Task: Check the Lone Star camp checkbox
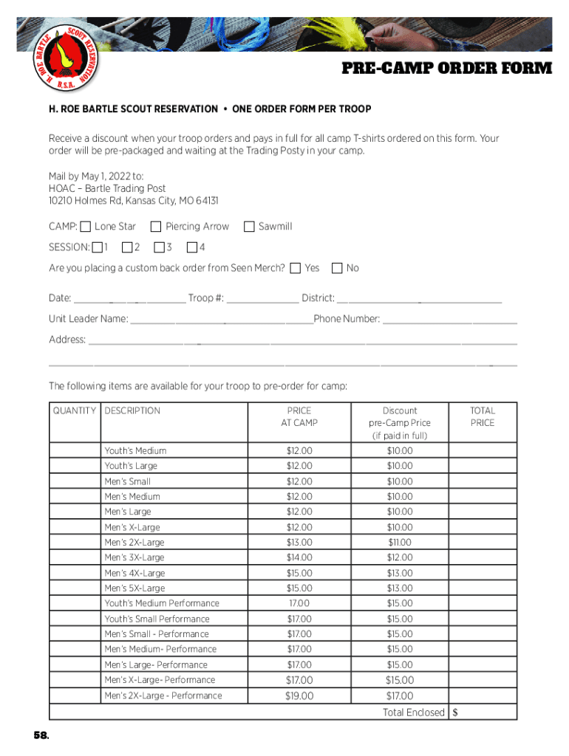pos(86,227)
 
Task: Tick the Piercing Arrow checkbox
pos(156,227)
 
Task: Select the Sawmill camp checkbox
pos(249,227)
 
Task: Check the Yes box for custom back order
pos(296,268)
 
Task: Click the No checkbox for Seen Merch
pos(338,268)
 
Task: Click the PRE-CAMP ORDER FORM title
pos(446,69)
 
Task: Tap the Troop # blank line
pos(263,299)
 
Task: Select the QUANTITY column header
pos(74,411)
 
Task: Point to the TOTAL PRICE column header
pos(483,417)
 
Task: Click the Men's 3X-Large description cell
pos(134,557)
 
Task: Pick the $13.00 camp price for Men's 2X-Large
pos(299,543)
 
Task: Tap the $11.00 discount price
pos(400,543)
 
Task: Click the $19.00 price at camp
pos(299,696)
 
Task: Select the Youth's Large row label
pos(131,466)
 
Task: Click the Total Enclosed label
pos(413,712)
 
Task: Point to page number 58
pos(41,736)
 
